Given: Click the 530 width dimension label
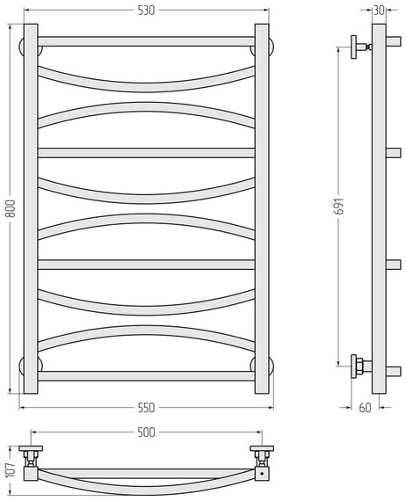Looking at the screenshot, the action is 146,11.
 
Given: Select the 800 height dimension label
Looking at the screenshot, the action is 11,208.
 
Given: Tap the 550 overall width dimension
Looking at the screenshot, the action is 146,408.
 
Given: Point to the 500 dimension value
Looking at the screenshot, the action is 146,432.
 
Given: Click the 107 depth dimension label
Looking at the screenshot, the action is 11,469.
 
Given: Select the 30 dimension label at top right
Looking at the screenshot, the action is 379,11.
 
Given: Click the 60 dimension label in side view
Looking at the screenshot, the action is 365,408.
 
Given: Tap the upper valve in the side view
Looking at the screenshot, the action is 360,47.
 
